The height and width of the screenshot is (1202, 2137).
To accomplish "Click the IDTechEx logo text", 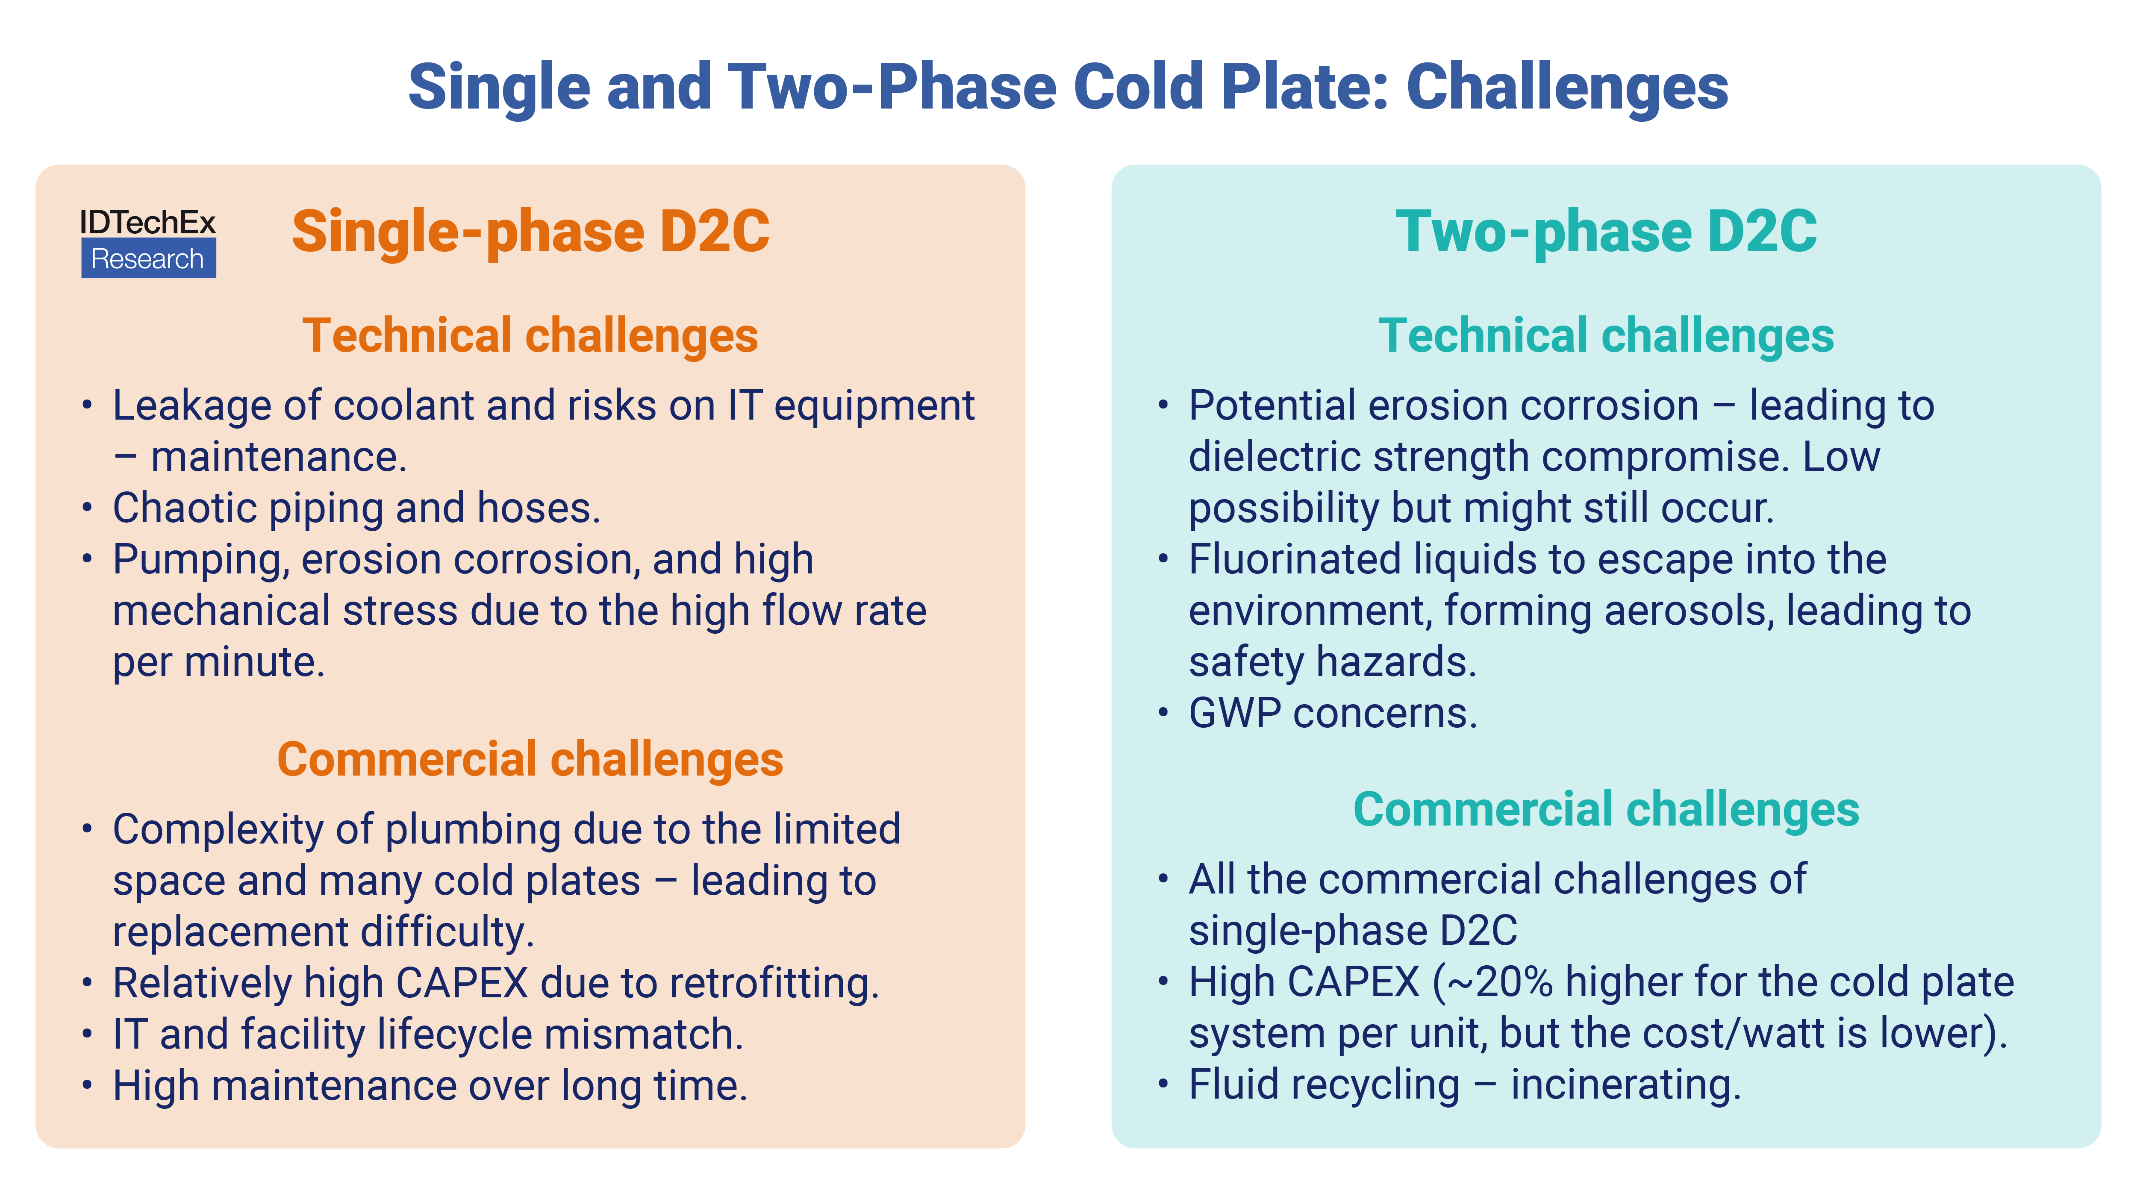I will pos(147,222).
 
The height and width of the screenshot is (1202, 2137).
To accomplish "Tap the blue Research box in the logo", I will pos(147,259).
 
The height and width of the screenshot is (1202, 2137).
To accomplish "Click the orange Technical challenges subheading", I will pos(529,336).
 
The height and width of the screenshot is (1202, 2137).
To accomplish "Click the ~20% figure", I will pos(1500,982).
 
